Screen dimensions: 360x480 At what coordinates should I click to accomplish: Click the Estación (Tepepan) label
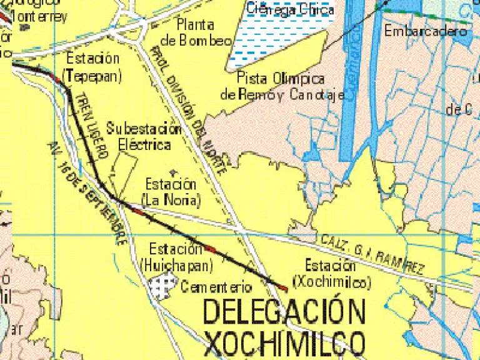[92, 67]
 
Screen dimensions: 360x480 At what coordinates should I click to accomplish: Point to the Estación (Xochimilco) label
[331, 273]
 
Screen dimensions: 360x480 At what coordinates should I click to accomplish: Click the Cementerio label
[216, 287]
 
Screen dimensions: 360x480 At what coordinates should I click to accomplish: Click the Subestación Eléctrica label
[143, 136]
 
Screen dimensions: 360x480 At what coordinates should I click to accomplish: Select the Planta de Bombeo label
[196, 32]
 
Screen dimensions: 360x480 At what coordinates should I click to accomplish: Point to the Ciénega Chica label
[290, 9]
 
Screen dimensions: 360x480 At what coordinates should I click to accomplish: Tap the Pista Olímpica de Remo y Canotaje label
[282, 87]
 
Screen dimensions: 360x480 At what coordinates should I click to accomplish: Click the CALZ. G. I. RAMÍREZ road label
[372, 254]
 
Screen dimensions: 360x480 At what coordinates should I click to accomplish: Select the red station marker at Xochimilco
[283, 287]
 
